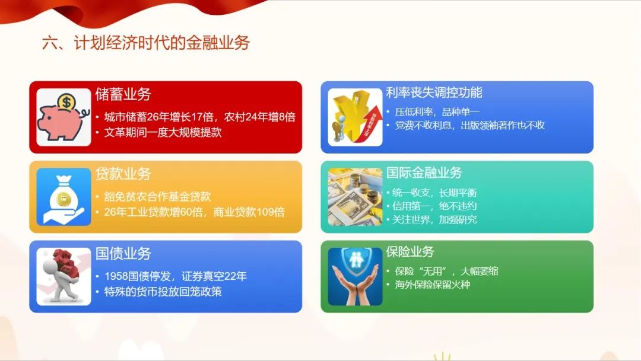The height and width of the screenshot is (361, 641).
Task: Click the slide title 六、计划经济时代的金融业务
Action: [145, 43]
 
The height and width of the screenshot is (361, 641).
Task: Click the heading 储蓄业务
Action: [123, 94]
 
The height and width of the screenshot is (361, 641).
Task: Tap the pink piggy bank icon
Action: [63, 120]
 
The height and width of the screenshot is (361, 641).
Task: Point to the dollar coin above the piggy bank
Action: [66, 101]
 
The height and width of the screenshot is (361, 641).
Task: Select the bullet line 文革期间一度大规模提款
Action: [163, 132]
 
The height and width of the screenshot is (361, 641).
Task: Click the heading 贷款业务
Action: [123, 174]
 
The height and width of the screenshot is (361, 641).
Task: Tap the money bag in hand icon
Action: [64, 197]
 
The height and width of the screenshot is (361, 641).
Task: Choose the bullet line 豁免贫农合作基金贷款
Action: [157, 196]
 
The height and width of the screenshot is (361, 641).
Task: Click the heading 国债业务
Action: [123, 253]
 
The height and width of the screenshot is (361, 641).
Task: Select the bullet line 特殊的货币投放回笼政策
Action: [163, 292]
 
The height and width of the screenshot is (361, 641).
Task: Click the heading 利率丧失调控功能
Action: [434, 92]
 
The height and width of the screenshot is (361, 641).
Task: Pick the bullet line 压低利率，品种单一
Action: [437, 112]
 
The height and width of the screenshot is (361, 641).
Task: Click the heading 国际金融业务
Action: [424, 172]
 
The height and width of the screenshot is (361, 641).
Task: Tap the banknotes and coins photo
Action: [355, 197]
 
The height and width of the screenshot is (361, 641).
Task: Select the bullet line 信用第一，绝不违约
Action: [434, 206]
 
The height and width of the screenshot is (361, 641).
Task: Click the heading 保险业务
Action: [410, 251]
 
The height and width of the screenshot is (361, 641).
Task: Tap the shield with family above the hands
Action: [355, 261]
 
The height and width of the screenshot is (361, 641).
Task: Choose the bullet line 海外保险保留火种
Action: [433, 284]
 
